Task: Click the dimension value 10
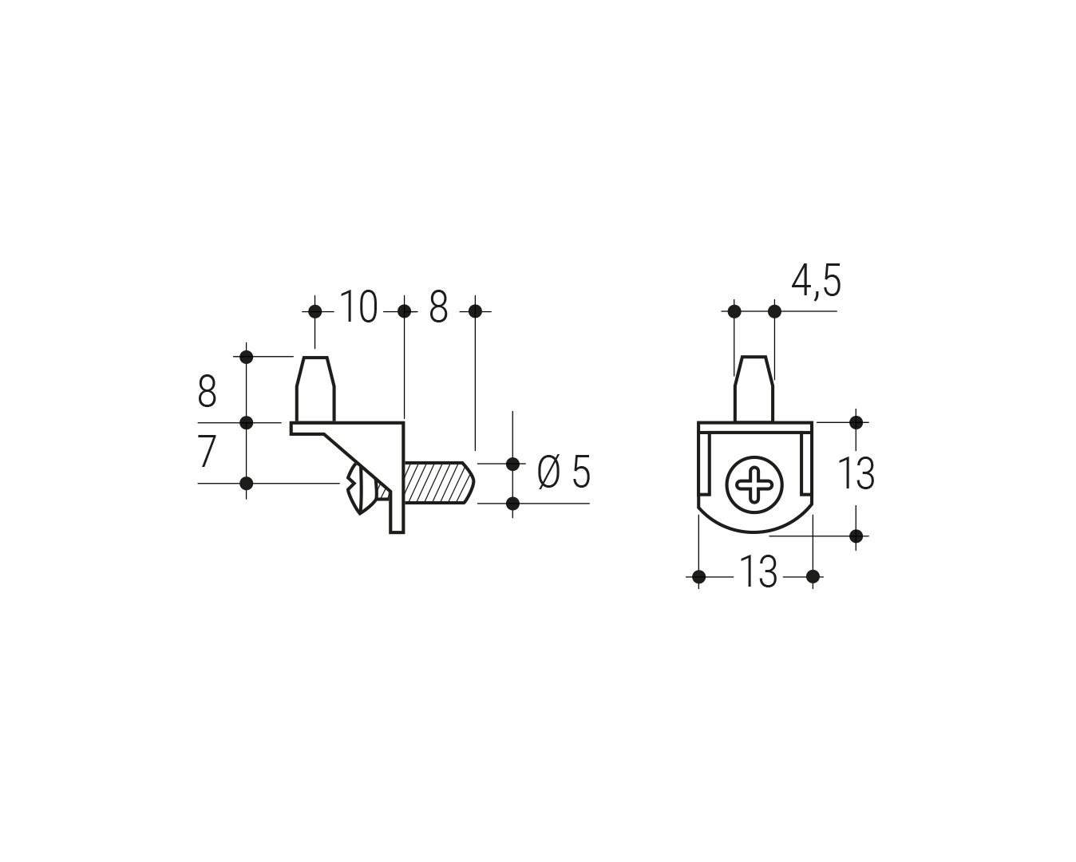click(358, 306)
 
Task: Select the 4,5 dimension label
click(816, 282)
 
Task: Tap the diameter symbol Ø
click(549, 472)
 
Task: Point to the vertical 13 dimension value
click(856, 473)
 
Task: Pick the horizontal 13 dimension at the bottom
click(758, 572)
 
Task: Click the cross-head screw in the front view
click(754, 484)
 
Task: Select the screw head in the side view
click(359, 488)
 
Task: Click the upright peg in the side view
click(315, 389)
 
